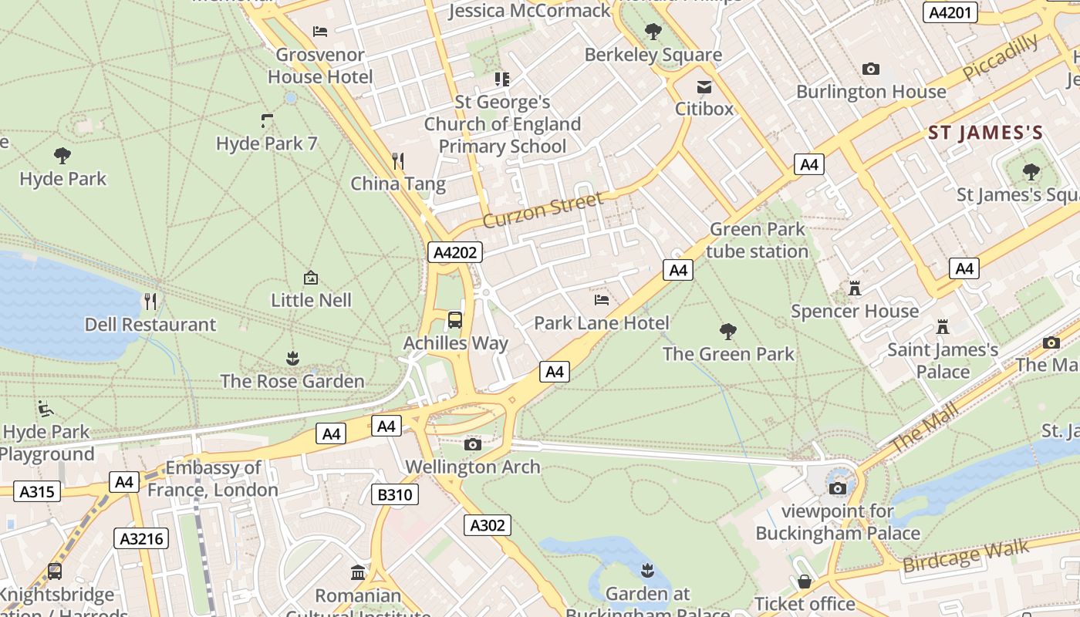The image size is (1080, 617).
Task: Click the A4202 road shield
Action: [455, 252]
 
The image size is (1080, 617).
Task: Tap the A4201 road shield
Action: [951, 12]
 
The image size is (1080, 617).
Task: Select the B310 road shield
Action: [395, 494]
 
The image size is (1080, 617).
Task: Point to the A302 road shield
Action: [488, 525]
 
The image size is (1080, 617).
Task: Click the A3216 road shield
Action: [142, 538]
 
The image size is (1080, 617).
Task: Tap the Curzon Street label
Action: [542, 211]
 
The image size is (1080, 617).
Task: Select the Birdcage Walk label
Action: [965, 557]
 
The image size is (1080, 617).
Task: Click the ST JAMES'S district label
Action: [985, 133]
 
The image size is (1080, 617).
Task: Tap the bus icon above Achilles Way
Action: [455, 319]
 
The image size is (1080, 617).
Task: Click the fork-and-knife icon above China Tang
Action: [398, 160]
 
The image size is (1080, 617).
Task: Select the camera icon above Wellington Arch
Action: [473, 444]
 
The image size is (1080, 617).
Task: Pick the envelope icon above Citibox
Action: [704, 86]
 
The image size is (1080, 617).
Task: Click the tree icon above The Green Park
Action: [727, 332]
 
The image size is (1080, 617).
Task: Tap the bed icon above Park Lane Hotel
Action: [602, 299]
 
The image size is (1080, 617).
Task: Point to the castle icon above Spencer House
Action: [854, 288]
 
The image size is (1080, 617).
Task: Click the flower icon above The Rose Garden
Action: [292, 358]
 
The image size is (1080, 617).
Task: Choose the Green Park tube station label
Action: [757, 240]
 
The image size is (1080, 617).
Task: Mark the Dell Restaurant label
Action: [150, 324]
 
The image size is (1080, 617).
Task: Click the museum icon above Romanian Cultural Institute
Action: [358, 572]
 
